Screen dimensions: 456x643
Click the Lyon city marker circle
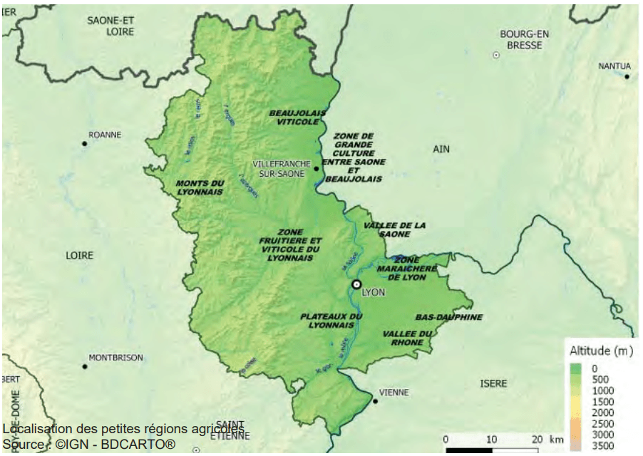click(x=356, y=284)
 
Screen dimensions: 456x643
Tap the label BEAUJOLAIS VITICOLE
click(x=297, y=118)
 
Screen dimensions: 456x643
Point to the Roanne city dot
click(x=84, y=144)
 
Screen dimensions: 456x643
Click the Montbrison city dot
click(x=84, y=366)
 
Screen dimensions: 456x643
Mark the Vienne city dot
click(x=375, y=401)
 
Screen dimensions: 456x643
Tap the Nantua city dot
click(x=627, y=76)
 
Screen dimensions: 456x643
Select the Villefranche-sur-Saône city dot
click(x=317, y=169)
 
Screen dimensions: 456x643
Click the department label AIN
click(x=442, y=149)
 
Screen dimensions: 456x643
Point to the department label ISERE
click(x=493, y=383)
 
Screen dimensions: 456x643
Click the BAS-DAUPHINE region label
click(x=448, y=317)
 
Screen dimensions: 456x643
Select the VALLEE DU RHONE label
click(x=408, y=338)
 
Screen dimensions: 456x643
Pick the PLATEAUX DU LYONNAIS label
click(x=331, y=320)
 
